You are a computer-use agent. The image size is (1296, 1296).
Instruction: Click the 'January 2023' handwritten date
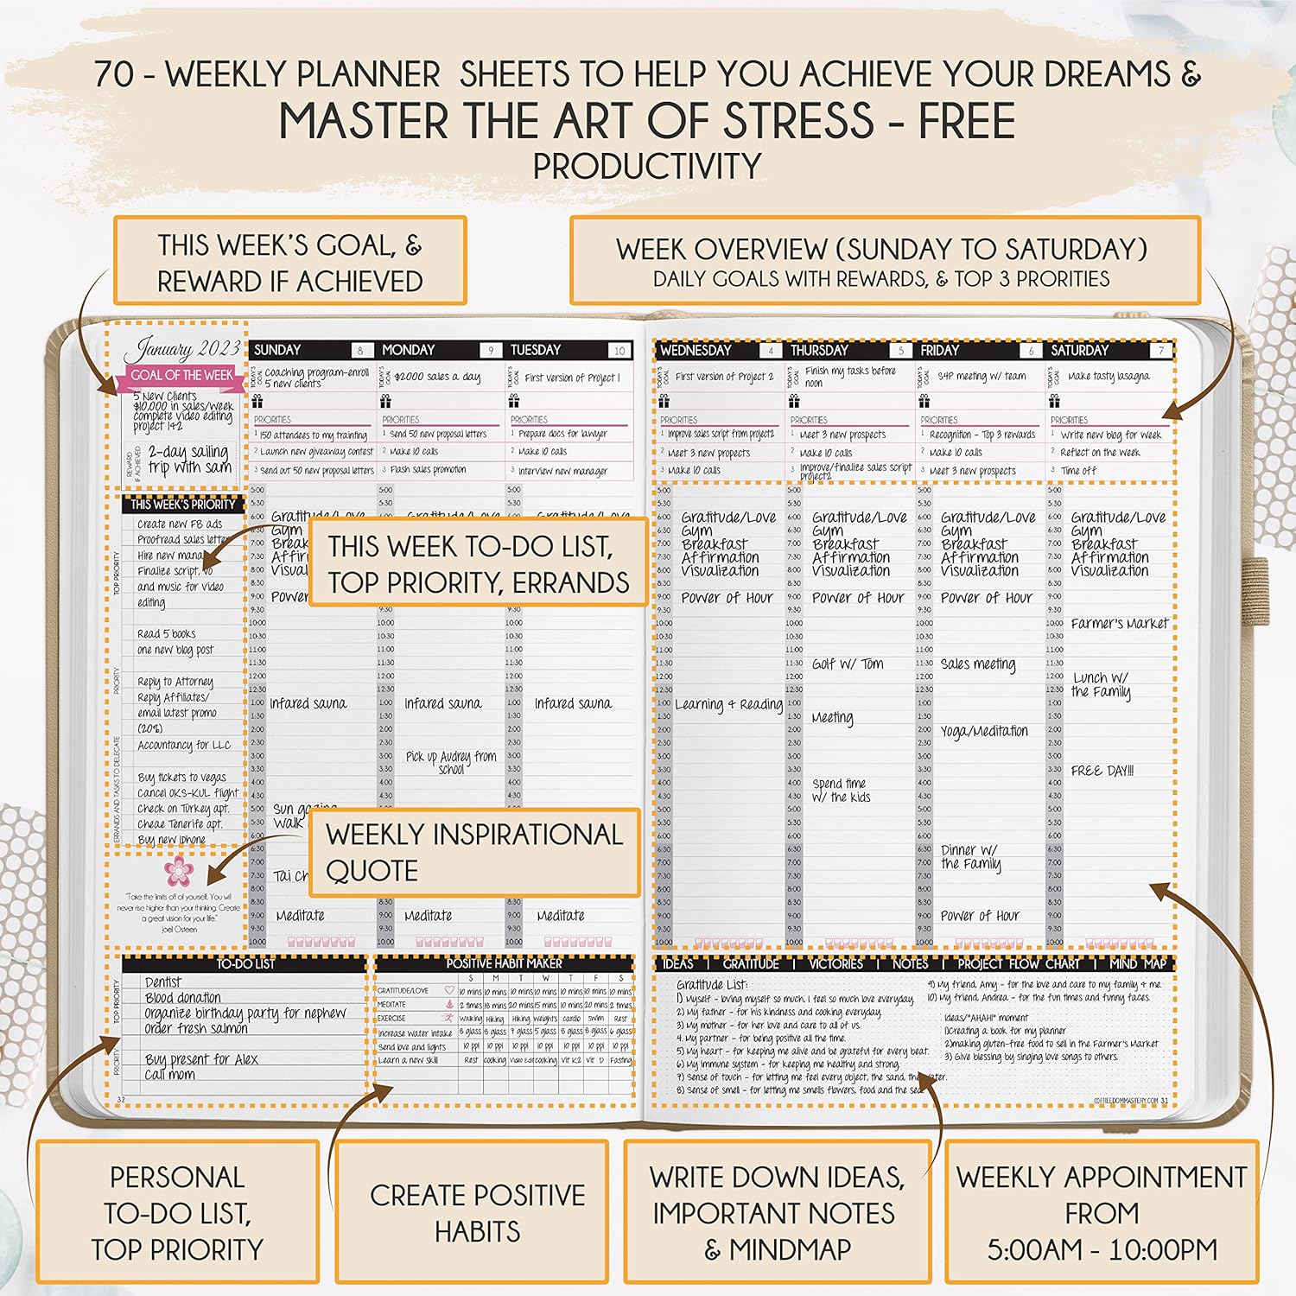(x=182, y=349)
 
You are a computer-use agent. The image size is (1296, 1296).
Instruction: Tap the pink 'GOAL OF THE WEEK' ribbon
(x=181, y=375)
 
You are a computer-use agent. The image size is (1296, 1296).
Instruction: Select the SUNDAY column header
(x=277, y=350)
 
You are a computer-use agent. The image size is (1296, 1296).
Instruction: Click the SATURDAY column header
(x=1079, y=350)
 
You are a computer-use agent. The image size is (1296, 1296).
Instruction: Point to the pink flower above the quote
(x=178, y=869)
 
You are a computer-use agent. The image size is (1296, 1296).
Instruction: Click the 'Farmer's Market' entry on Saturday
(x=1119, y=623)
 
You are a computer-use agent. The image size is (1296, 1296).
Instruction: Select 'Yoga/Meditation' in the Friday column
(x=984, y=731)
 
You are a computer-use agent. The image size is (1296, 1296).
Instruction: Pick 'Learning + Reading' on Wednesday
(x=728, y=704)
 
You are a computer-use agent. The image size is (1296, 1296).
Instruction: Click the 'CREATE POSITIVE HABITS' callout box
(x=477, y=1212)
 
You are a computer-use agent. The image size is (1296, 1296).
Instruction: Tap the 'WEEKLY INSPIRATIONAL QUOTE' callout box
(x=474, y=852)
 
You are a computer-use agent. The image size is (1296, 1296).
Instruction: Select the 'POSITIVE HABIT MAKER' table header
(x=504, y=963)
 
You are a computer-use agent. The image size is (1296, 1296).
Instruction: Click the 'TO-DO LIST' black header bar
(x=245, y=963)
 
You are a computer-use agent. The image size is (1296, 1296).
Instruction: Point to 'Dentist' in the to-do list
(x=163, y=982)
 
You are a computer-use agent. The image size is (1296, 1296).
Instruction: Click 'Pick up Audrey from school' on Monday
(x=451, y=762)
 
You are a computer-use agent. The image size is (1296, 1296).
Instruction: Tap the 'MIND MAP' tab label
(x=1137, y=963)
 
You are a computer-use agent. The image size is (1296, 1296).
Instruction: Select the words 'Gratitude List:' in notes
(x=711, y=984)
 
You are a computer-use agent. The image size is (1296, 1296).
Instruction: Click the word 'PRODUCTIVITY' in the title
(x=647, y=166)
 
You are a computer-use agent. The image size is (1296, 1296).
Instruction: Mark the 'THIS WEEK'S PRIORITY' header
(x=183, y=504)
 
